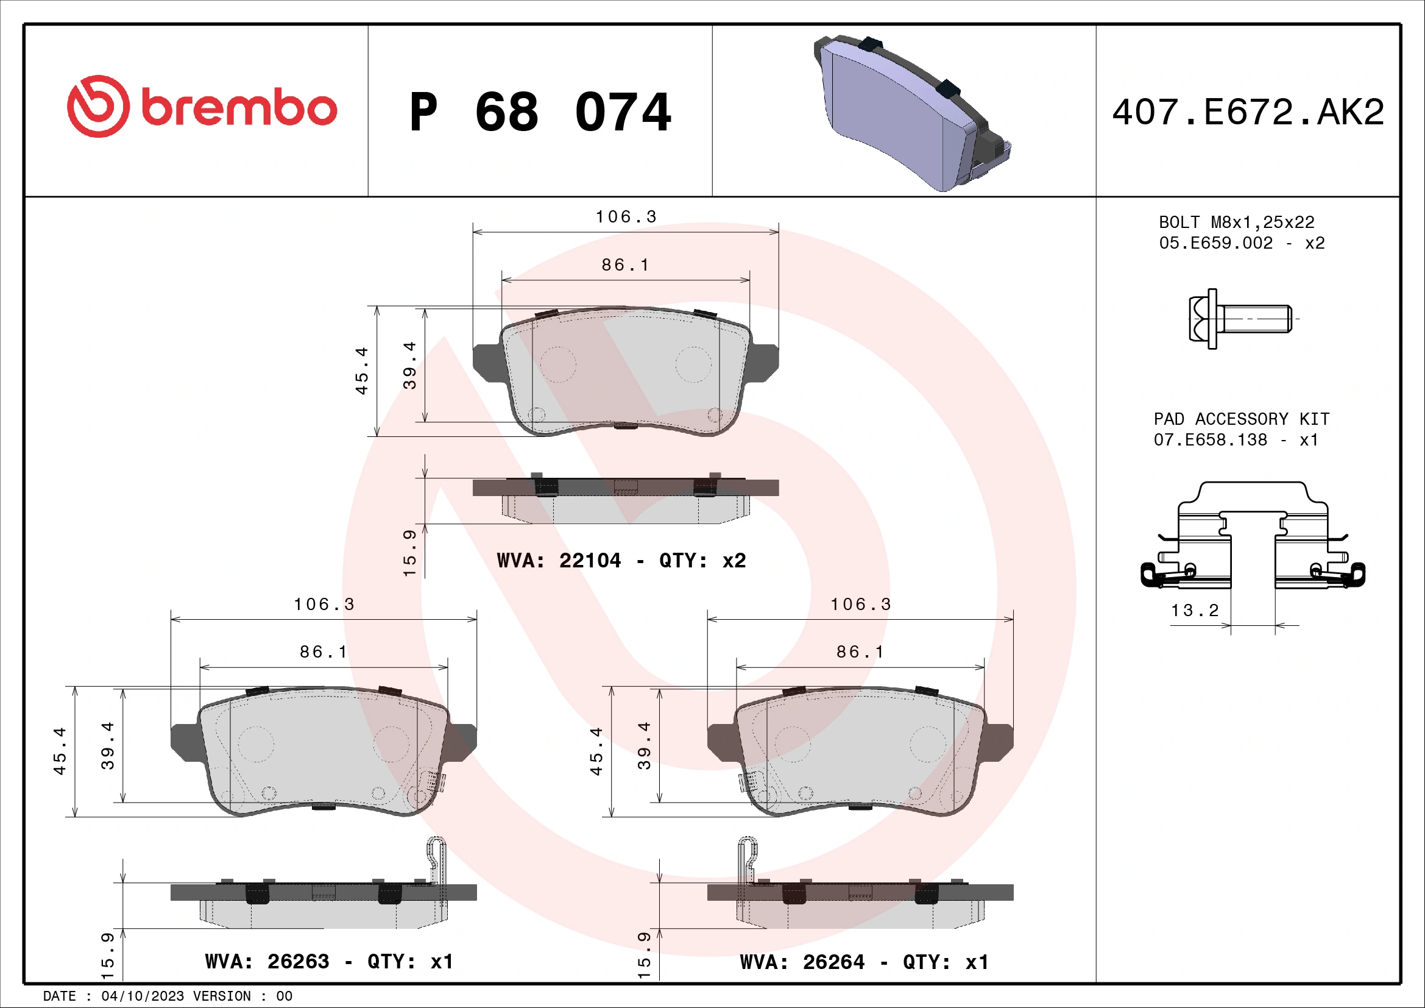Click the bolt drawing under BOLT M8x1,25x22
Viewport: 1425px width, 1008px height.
coord(1240,318)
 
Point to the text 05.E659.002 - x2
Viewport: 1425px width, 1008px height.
coord(1241,243)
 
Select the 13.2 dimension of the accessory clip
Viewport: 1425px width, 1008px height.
coord(1195,611)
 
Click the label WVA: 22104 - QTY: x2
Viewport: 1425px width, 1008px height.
coord(621,561)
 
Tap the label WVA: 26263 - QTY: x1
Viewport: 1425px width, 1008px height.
coord(329,962)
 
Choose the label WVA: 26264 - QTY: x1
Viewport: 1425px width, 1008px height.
coord(864,963)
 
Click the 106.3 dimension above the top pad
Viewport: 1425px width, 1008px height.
coord(626,216)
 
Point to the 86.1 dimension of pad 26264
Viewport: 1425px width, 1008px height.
coord(860,651)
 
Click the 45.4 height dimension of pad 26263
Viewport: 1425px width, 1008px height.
coord(60,751)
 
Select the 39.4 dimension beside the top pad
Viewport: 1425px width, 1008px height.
coord(409,366)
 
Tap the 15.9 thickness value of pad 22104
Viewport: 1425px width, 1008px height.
coord(409,553)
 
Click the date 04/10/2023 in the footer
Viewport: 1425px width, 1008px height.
coord(143,996)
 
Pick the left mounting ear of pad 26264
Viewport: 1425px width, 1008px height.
coord(722,742)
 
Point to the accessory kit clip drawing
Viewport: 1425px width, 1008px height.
coord(1253,537)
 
